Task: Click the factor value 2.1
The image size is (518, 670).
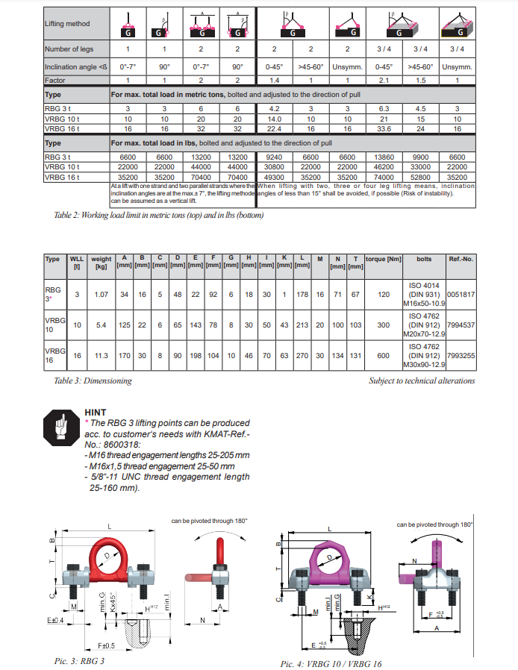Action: pyautogui.click(x=386, y=80)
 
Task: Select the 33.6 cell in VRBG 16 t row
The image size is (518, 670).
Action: pyautogui.click(x=386, y=128)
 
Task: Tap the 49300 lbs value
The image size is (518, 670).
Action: pyautogui.click(x=275, y=178)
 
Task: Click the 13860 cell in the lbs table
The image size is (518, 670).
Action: pyautogui.click(x=386, y=157)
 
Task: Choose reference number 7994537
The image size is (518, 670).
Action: pyautogui.click(x=461, y=325)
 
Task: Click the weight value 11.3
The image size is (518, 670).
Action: pyautogui.click(x=101, y=357)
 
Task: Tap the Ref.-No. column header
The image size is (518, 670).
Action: pyautogui.click(x=461, y=259)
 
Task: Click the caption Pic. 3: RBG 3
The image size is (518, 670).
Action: pyautogui.click(x=79, y=661)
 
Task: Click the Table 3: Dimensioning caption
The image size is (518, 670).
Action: pyautogui.click(x=93, y=381)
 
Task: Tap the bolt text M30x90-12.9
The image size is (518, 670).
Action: pyautogui.click(x=425, y=364)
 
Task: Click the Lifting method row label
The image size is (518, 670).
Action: pyautogui.click(x=67, y=24)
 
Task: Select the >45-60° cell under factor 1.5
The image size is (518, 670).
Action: pyautogui.click(x=421, y=66)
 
